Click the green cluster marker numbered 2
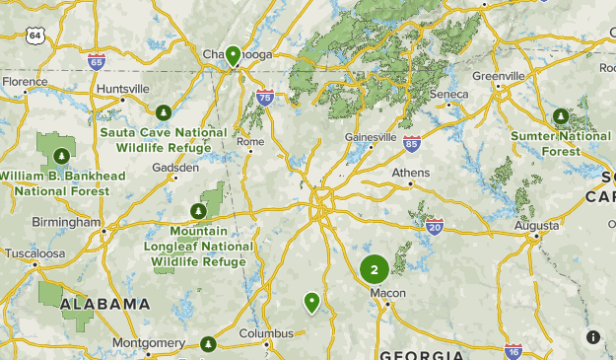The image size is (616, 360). pyautogui.click(x=374, y=268)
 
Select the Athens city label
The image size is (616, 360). pyautogui.click(x=411, y=172)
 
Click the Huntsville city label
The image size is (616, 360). pyautogui.click(x=123, y=88)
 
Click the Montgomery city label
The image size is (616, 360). pyautogui.click(x=149, y=342)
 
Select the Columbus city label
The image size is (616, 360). pyautogui.click(x=267, y=332)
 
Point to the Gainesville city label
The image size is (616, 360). pyautogui.click(x=371, y=137)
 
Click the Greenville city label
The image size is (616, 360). pyautogui.click(x=499, y=76)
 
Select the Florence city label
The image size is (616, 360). pyautogui.click(x=24, y=82)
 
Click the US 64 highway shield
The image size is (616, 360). pyautogui.click(x=36, y=36)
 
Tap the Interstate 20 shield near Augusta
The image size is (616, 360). pyautogui.click(x=435, y=228)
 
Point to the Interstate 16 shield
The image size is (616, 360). pyautogui.click(x=513, y=350)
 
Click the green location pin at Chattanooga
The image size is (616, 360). pyautogui.click(x=234, y=55)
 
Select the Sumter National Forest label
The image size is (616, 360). pyautogui.click(x=560, y=143)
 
